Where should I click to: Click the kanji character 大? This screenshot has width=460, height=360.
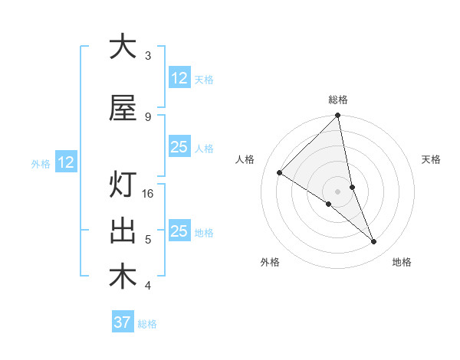pyautogui.click(x=122, y=47)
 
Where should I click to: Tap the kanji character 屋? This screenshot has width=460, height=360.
pyautogui.click(x=122, y=109)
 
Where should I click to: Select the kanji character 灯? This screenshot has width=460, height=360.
pyautogui.click(x=122, y=186)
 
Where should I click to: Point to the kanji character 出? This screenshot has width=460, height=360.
pyautogui.click(x=122, y=232)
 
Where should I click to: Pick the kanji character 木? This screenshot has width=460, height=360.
pyautogui.click(x=122, y=277)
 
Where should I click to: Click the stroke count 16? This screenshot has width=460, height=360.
pyautogui.click(x=148, y=194)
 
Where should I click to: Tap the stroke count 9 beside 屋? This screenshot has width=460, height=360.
pyautogui.click(x=147, y=116)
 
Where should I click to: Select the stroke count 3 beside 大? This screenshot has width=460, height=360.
pyautogui.click(x=147, y=56)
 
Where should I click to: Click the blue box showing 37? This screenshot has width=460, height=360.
pyautogui.click(x=122, y=322)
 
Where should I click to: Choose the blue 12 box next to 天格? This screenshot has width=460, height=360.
pyautogui.click(x=179, y=78)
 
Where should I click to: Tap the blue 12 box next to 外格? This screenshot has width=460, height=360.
pyautogui.click(x=66, y=162)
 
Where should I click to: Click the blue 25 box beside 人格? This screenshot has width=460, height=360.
pyautogui.click(x=179, y=147)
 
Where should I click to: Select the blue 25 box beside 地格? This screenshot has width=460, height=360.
pyautogui.click(x=179, y=231)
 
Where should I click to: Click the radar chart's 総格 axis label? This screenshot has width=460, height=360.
pyautogui.click(x=338, y=100)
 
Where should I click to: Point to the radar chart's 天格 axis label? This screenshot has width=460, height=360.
pyautogui.click(x=432, y=159)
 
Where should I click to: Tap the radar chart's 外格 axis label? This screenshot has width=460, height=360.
pyautogui.click(x=270, y=262)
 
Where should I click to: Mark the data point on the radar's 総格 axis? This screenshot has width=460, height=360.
pyautogui.click(x=338, y=116)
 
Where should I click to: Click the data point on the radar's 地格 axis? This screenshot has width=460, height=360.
pyautogui.click(x=374, y=242)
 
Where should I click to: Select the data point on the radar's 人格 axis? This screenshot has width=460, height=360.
pyautogui.click(x=279, y=173)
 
